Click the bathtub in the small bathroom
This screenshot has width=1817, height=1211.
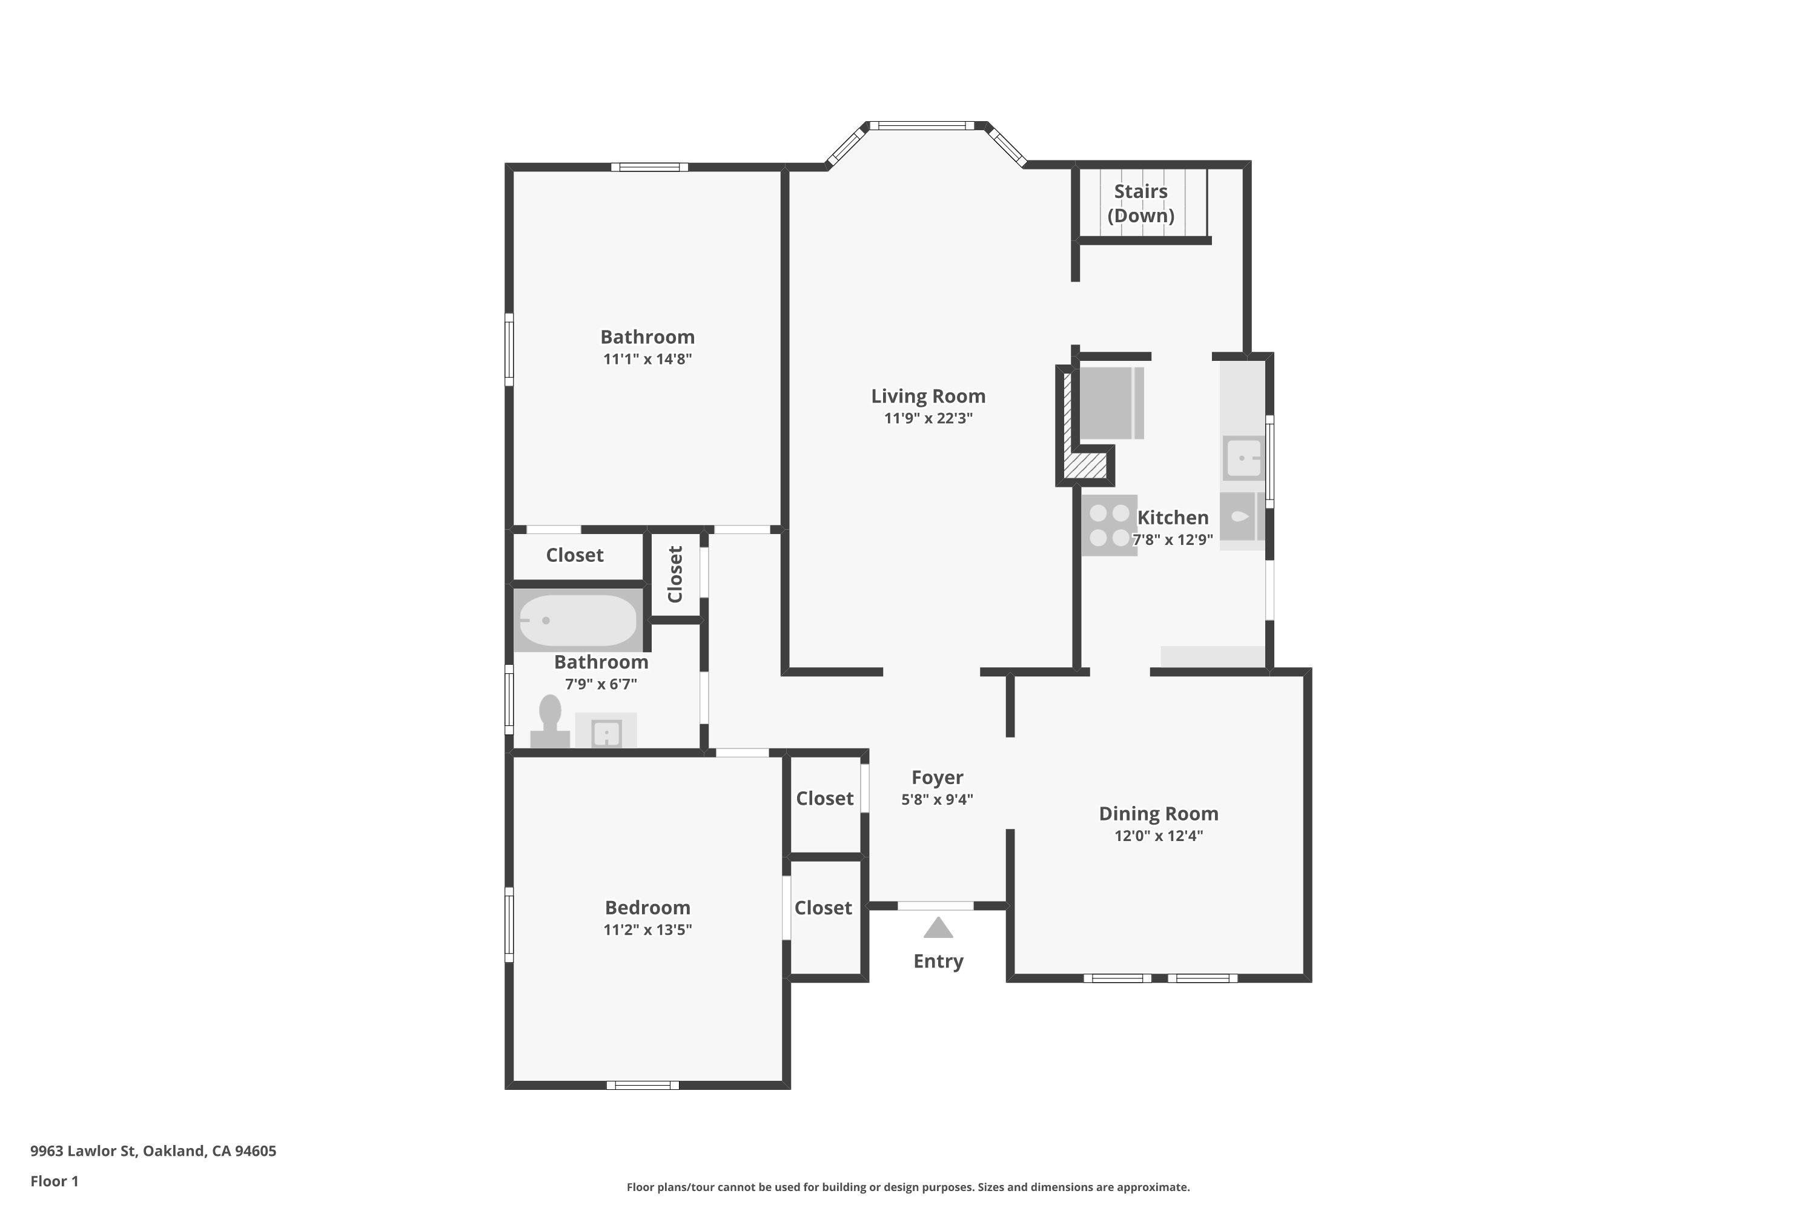(578, 619)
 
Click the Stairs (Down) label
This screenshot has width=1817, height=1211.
(1141, 203)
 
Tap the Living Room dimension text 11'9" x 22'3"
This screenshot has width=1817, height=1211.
(928, 418)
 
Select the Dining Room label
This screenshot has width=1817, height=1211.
(1159, 813)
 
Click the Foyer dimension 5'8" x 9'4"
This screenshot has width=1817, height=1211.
(937, 799)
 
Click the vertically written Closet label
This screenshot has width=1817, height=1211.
(675, 574)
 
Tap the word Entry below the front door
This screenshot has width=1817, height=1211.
(939, 962)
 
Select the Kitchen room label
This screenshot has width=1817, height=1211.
(1173, 518)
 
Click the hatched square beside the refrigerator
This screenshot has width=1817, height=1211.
(1087, 466)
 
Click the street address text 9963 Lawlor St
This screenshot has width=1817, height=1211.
(84, 1151)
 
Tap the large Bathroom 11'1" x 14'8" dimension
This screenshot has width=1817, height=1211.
(647, 359)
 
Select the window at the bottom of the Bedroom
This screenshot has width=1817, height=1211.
(643, 1085)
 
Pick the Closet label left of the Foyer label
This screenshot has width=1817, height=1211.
(825, 799)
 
